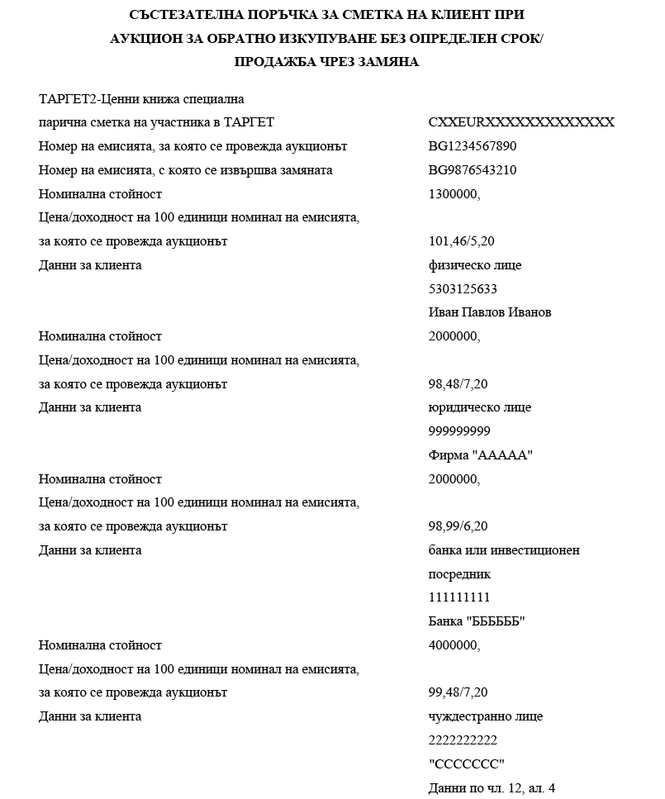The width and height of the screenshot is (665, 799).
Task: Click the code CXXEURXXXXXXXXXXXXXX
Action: pyautogui.click(x=521, y=122)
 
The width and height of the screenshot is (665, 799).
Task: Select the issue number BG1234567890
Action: pyautogui.click(x=473, y=146)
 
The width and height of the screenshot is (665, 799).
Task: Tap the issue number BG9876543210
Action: pyautogui.click(x=473, y=170)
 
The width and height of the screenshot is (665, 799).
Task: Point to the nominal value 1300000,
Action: pyautogui.click(x=454, y=194)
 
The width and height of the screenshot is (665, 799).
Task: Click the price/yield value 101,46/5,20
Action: pyautogui.click(x=463, y=242)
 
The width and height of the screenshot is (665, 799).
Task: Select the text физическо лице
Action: pyautogui.click(x=475, y=265)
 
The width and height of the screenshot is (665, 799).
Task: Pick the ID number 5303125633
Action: pyautogui.click(x=463, y=289)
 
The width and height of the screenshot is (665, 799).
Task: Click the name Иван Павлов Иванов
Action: pyautogui.click(x=490, y=312)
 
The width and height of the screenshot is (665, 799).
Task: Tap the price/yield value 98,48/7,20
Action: pyautogui.click(x=458, y=384)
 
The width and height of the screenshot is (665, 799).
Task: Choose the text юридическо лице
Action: pyautogui.click(x=480, y=407)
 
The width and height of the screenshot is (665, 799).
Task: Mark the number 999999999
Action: pyautogui.click(x=460, y=431)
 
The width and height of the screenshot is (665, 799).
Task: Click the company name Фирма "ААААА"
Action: pyautogui.click(x=481, y=455)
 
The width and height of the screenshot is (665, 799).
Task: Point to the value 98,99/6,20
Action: pyautogui.click(x=458, y=526)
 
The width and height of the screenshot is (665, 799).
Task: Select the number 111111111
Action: pyautogui.click(x=460, y=597)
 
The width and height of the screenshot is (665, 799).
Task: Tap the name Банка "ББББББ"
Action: pyautogui.click(x=477, y=621)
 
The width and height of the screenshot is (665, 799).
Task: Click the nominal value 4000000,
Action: pyautogui.click(x=454, y=645)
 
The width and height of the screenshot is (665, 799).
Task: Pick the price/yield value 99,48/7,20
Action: pyautogui.click(x=458, y=692)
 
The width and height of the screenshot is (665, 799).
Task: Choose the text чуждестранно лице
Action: pyautogui.click(x=486, y=716)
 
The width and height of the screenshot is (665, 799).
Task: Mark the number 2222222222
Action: pyautogui.click(x=463, y=740)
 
